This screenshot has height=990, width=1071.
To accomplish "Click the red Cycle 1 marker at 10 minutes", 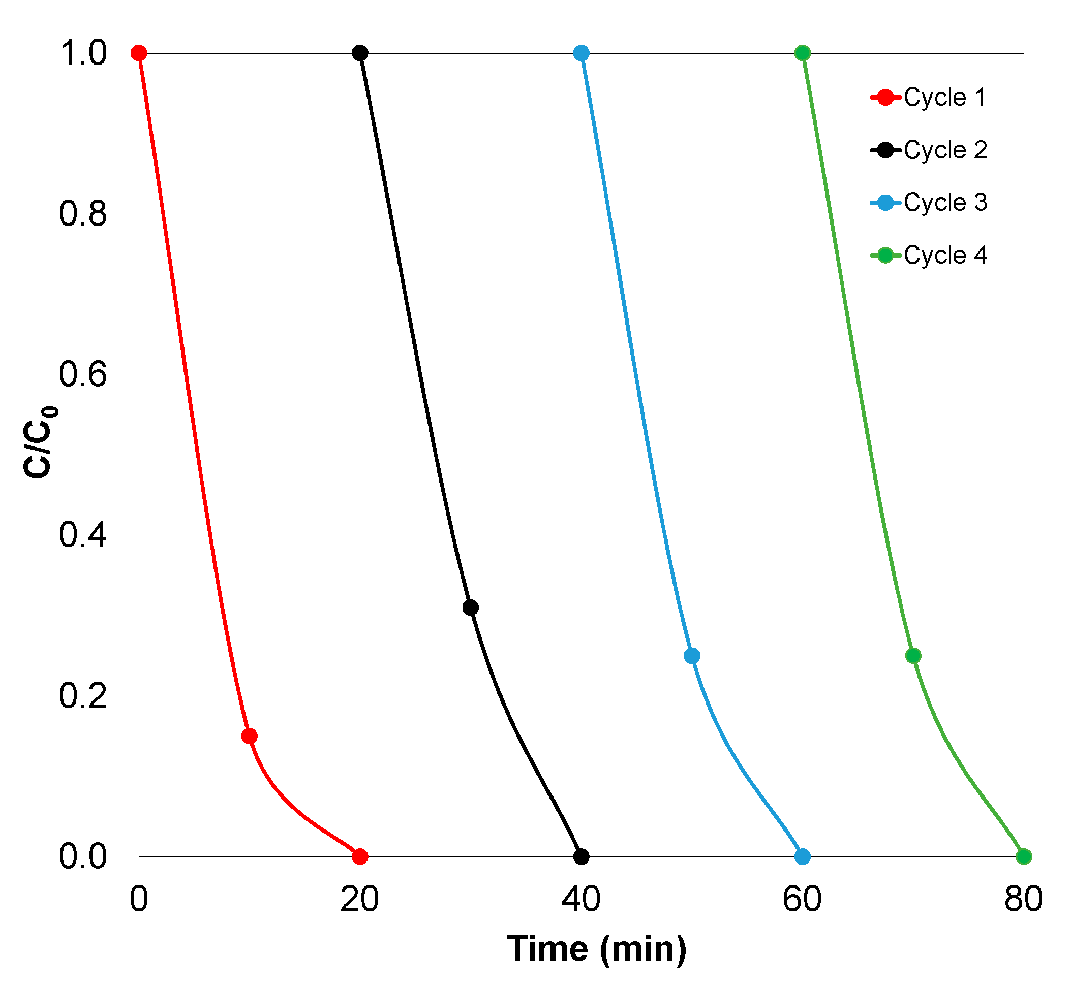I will pyautogui.click(x=249, y=736).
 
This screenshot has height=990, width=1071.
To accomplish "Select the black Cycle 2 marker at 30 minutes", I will pyautogui.click(x=470, y=608).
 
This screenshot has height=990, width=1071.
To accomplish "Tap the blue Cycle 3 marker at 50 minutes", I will pyautogui.click(x=691, y=656).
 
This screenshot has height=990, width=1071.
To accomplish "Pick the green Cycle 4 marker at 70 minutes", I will pyautogui.click(x=913, y=656).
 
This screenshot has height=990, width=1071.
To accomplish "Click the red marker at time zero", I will pyautogui.click(x=139, y=53).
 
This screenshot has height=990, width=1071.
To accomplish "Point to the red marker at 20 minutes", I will pyautogui.click(x=360, y=856).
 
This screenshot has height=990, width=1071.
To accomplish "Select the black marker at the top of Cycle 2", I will pyautogui.click(x=360, y=53).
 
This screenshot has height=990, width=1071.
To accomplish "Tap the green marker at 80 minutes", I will pyautogui.click(x=1023, y=856).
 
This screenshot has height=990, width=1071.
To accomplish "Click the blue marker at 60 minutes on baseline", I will pyautogui.click(x=802, y=856).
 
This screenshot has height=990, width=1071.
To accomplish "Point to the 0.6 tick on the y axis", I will pyautogui.click(x=82, y=374).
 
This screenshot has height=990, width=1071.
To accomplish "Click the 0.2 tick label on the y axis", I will pyautogui.click(x=82, y=695).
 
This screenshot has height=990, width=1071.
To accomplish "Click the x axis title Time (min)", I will pyautogui.click(x=596, y=949).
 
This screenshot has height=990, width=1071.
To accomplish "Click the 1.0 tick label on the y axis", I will pyautogui.click(x=82, y=53).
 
